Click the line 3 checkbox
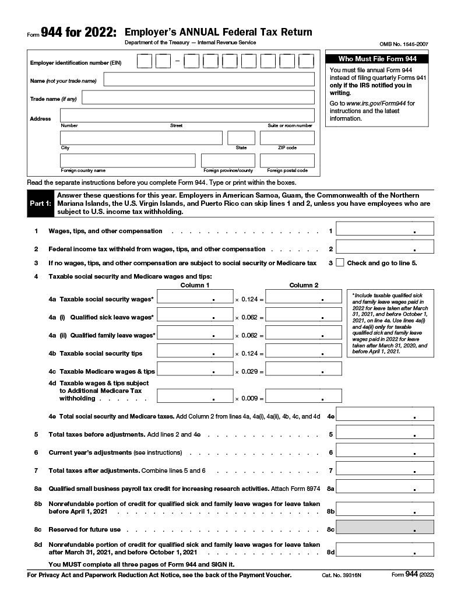pos(340,263)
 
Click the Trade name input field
pos(198,97)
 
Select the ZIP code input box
pos(287,138)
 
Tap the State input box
pos(241,138)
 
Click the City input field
pos(141,138)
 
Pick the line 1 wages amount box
pos(385,229)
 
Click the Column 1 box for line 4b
pos(195,351)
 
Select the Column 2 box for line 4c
pos(303,369)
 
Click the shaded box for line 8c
pos(385,527)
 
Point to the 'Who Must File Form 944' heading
pos(378,59)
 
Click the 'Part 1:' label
pos(40,203)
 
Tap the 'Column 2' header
pos(304,285)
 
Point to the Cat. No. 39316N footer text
pos(342,575)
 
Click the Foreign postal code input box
pos(287,160)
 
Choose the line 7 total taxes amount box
pos(385,468)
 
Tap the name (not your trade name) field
pos(209,79)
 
